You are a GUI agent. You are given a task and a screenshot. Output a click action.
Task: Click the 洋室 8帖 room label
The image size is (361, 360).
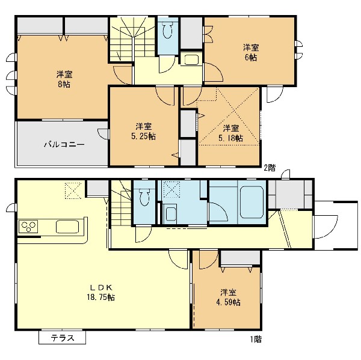64,79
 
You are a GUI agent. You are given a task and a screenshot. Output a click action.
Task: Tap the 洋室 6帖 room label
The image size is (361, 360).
251,53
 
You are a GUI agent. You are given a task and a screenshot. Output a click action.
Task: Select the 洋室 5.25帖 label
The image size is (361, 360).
143,132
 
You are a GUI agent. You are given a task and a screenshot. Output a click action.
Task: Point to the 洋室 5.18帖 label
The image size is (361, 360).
230,133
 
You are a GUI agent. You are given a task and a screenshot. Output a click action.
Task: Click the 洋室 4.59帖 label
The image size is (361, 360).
228,297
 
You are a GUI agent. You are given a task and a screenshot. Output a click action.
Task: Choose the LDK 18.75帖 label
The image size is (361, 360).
101,292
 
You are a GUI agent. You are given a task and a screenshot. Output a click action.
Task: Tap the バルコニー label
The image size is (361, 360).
64,145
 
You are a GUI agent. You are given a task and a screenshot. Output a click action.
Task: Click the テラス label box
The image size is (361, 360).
62,337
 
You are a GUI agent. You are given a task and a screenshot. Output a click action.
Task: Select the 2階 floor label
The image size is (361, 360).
270,168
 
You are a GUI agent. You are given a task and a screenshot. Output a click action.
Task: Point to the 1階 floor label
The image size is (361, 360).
256,340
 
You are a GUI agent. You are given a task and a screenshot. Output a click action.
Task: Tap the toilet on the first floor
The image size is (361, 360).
144,196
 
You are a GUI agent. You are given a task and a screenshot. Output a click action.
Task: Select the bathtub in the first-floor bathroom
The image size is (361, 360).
251,202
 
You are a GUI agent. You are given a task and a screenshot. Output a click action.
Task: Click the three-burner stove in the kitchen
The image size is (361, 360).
28,227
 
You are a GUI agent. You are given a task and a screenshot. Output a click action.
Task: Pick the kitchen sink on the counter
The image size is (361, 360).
67,227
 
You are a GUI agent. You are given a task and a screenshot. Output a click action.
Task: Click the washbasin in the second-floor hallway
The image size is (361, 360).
191,60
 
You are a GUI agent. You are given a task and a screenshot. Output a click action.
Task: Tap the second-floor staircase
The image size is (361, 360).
132,39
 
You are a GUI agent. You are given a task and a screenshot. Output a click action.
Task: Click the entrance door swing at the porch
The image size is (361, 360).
325,227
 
